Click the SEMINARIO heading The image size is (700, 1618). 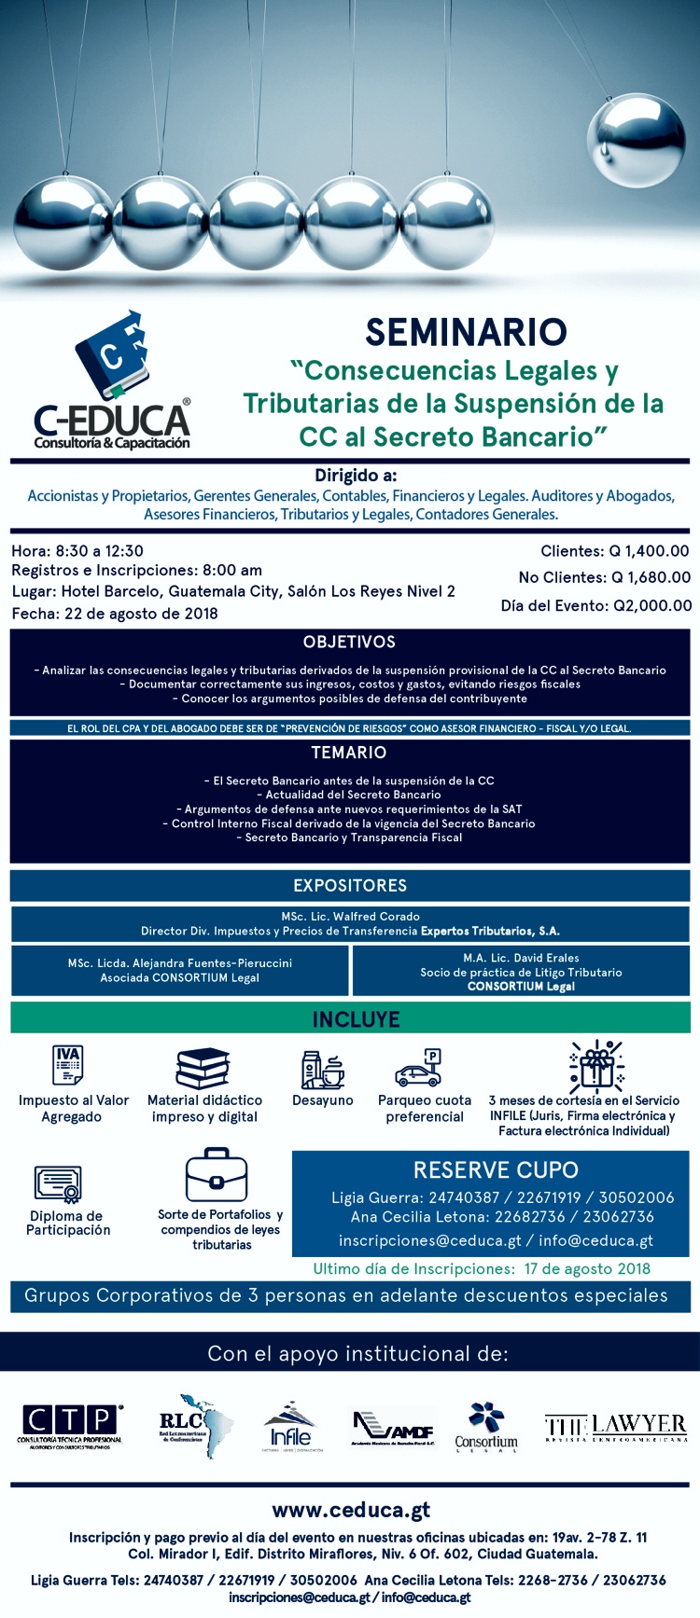point(465,333)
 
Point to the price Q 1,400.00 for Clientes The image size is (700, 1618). point(650,551)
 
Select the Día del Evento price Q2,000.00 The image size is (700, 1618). point(651,605)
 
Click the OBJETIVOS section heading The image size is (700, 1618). point(349,642)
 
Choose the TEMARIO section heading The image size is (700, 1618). point(349,753)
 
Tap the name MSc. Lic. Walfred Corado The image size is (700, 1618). point(350,917)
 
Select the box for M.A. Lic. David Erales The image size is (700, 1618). point(521,971)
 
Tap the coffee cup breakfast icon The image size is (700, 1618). point(323,1070)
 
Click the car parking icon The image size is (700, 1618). point(419,1068)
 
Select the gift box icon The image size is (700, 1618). point(595,1066)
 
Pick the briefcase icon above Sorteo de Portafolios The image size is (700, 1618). point(216,1176)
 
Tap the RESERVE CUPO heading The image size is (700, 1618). point(496,1169)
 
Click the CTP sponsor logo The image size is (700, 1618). point(71,1425)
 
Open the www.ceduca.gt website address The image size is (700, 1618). point(351,1510)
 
